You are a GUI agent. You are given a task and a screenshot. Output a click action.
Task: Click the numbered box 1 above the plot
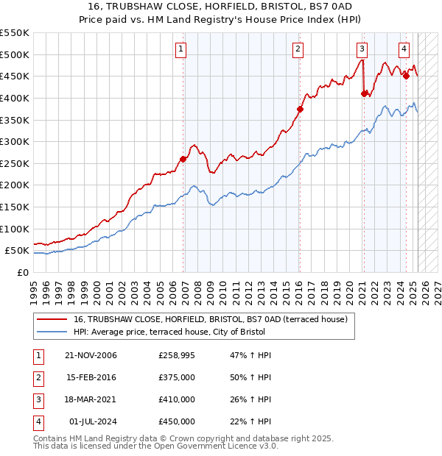tap(180, 49)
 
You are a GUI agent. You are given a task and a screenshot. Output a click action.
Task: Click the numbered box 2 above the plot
tap(298, 49)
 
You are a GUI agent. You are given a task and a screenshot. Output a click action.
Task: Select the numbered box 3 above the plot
tap(362, 49)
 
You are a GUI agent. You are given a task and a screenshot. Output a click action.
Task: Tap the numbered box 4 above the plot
tap(404, 49)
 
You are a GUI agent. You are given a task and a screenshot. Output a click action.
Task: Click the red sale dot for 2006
tap(183, 159)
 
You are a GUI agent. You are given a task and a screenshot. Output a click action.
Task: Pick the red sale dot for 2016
tap(300, 109)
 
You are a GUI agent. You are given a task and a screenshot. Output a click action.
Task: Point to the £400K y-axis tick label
tap(15, 98)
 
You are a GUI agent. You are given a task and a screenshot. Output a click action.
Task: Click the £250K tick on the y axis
tap(15, 163)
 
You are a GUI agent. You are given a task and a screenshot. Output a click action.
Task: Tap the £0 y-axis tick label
tap(23, 272)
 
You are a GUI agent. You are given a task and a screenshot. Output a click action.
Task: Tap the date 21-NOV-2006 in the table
tap(91, 355)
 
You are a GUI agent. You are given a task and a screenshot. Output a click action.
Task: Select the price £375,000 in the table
tap(177, 377)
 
